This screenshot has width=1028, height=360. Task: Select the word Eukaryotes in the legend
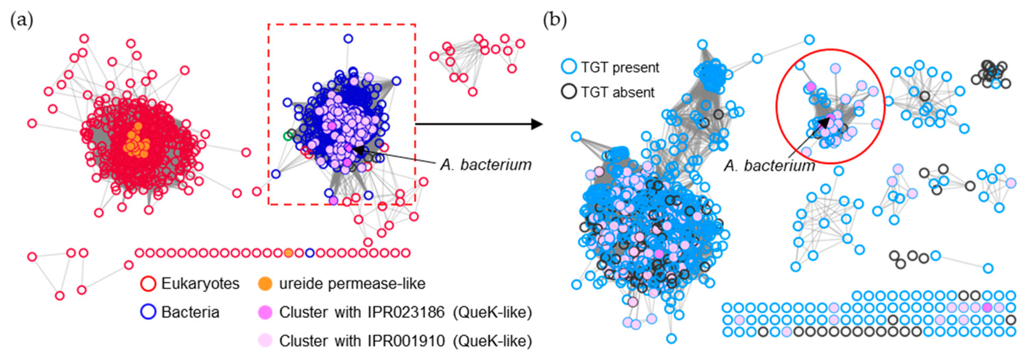pos(200,284)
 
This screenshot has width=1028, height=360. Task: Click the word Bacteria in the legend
pos(190,312)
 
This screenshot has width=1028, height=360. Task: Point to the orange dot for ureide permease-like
pos(265,284)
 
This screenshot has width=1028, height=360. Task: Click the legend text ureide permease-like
pos(352,284)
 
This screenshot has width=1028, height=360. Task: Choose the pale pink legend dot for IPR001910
pos(265,341)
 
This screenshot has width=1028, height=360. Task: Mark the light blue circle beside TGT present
pos(569,67)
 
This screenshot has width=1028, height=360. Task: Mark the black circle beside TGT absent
pos(569,92)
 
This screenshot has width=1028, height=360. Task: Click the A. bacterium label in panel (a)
pos(486,164)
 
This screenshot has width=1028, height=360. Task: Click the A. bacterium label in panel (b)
pos(769,165)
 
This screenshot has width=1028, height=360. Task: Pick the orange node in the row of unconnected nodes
pos(289,253)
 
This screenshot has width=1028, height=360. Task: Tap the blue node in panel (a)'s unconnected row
pos(310,253)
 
